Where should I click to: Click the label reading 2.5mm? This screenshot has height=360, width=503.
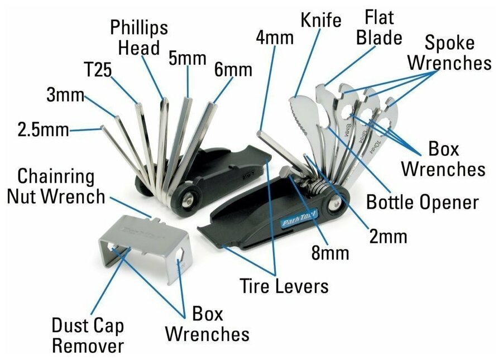coord(43,130)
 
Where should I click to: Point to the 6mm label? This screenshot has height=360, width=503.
coord(233,70)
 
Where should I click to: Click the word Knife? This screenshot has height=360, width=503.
coord(320,21)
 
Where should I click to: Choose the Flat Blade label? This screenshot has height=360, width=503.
coord(382,27)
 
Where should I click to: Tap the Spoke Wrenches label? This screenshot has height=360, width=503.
coord(449,52)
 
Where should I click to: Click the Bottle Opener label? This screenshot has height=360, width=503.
coord(422,201)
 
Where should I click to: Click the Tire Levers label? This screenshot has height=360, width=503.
coord(284,286)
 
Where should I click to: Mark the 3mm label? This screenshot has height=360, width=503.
coord(65,96)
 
